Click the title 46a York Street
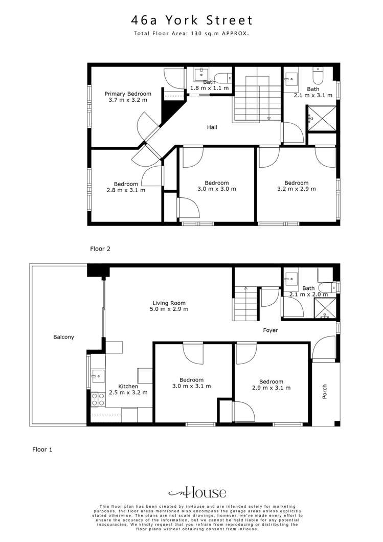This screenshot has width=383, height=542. tap(192, 20)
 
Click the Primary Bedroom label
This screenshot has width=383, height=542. tap(128, 94)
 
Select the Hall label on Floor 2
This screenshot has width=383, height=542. tap(212, 127)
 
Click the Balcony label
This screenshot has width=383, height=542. tap(64, 337)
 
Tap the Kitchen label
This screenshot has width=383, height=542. tap(128, 386)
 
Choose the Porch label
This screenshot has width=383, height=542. tap(325, 392)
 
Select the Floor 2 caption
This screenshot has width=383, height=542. tap(100, 249)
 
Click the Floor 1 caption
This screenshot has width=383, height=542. tap(42, 449)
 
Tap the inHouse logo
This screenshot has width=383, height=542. tap(197, 493)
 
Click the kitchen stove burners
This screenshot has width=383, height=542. tap(95, 399)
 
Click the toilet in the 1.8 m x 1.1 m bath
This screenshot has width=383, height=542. tap(221, 78)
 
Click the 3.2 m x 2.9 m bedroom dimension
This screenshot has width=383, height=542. tap(297, 189)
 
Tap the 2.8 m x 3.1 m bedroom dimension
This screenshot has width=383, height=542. tap(126, 190)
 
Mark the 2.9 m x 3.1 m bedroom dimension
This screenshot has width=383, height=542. tap(271, 388)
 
